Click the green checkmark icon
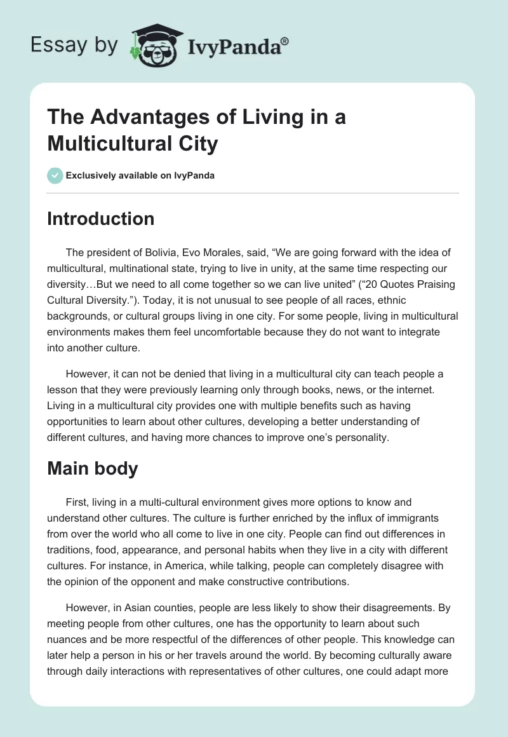(x=55, y=175)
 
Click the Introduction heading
(x=100, y=219)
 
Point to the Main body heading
(x=92, y=468)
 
